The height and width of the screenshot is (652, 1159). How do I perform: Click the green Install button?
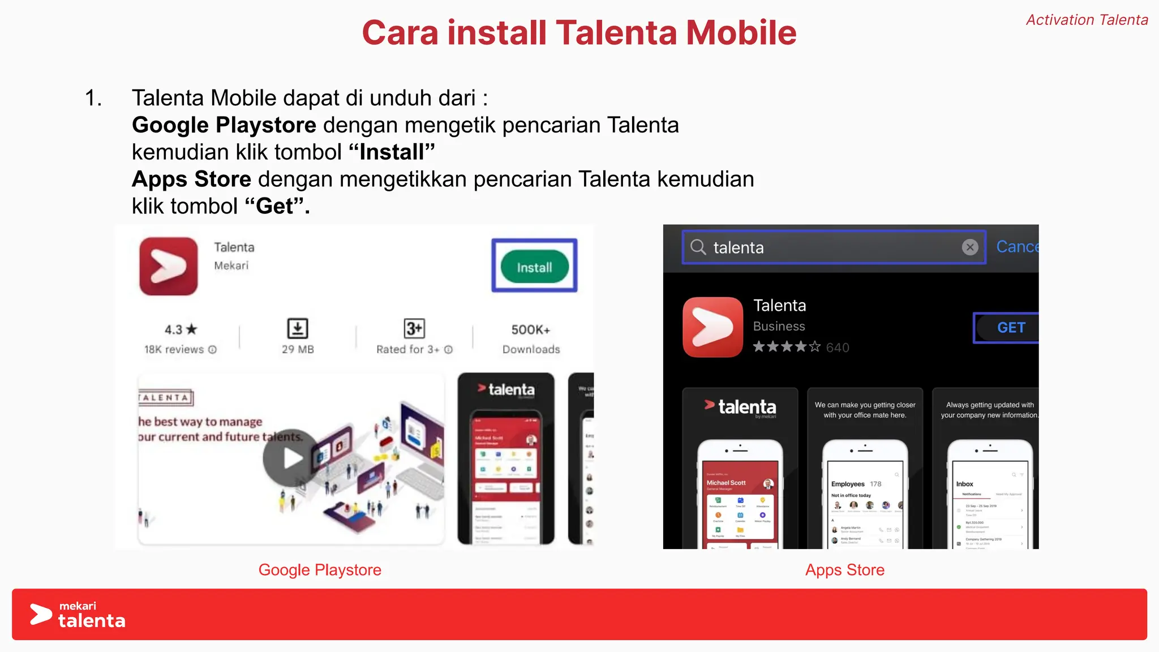pyautogui.click(x=534, y=267)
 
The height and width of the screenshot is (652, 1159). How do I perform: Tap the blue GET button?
pyautogui.click(x=1011, y=328)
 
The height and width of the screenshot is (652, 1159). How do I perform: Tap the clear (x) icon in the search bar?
pyautogui.click(x=970, y=247)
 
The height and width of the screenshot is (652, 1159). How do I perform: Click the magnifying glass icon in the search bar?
pyautogui.click(x=698, y=247)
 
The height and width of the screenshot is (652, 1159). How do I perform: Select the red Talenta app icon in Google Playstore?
pyautogui.click(x=169, y=266)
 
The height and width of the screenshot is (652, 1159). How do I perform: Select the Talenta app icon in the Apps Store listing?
pyautogui.click(x=712, y=327)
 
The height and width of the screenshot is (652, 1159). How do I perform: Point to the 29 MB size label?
pyautogui.click(x=298, y=349)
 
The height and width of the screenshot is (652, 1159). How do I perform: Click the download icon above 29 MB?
pyautogui.click(x=298, y=328)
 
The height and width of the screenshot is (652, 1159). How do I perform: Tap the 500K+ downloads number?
pyautogui.click(x=531, y=329)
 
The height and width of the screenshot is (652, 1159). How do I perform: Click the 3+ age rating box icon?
pyautogui.click(x=414, y=328)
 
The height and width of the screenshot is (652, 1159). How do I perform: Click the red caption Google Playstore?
pyautogui.click(x=320, y=570)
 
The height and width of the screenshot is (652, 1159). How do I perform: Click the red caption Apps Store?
pyautogui.click(x=844, y=570)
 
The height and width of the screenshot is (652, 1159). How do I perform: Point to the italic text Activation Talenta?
pyautogui.click(x=1087, y=20)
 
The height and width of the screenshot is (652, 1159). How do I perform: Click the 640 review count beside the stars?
pyautogui.click(x=838, y=348)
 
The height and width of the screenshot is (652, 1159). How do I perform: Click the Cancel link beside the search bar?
pyautogui.click(x=1018, y=247)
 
